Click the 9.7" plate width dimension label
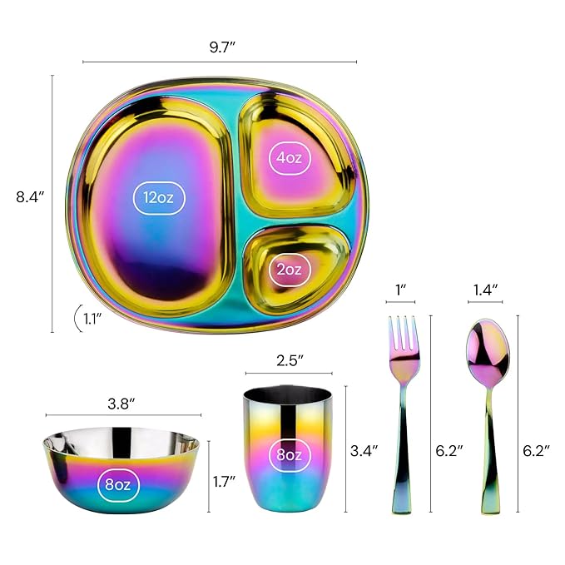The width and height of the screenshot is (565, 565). pyautogui.click(x=220, y=47)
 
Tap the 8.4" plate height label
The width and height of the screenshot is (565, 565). pyautogui.click(x=30, y=197)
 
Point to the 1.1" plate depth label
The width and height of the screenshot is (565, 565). pyautogui.click(x=94, y=316)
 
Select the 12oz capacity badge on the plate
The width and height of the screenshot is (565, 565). pyautogui.click(x=159, y=197)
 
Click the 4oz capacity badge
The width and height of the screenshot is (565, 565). pyautogui.click(x=290, y=156)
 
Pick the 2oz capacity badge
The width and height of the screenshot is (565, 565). pyautogui.click(x=289, y=269)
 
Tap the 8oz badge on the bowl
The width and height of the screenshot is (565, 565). pyautogui.click(x=121, y=483)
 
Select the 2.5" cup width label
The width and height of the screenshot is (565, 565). pyautogui.click(x=289, y=360)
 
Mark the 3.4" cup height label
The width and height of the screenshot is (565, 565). pyautogui.click(x=364, y=450)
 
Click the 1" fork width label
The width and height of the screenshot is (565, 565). pyautogui.click(x=401, y=290)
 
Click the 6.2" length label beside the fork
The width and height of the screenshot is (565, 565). pyautogui.click(x=449, y=450)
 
